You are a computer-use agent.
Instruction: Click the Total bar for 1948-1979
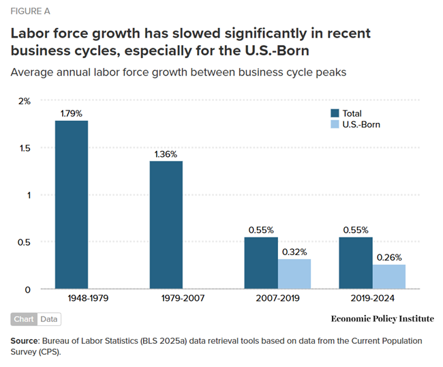(72, 205)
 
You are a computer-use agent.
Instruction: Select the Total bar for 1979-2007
(166, 224)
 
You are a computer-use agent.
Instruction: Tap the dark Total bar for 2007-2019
(262, 263)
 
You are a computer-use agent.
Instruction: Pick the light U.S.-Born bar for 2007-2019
(294, 274)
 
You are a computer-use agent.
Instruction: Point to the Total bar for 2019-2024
(356, 263)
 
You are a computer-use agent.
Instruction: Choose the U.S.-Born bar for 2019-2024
(389, 276)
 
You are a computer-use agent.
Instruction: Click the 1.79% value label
(72, 113)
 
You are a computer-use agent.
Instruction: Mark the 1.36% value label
(166, 153)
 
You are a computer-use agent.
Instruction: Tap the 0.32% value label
(294, 252)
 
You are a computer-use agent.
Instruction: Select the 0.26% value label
(389, 257)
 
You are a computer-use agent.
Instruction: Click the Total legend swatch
(335, 113)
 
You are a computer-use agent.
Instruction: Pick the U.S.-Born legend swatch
(335, 125)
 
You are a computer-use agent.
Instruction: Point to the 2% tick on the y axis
(25, 101)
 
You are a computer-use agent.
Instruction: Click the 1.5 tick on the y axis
(25, 148)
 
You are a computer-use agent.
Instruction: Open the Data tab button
(49, 319)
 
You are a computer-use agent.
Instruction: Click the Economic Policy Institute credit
(381, 319)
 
